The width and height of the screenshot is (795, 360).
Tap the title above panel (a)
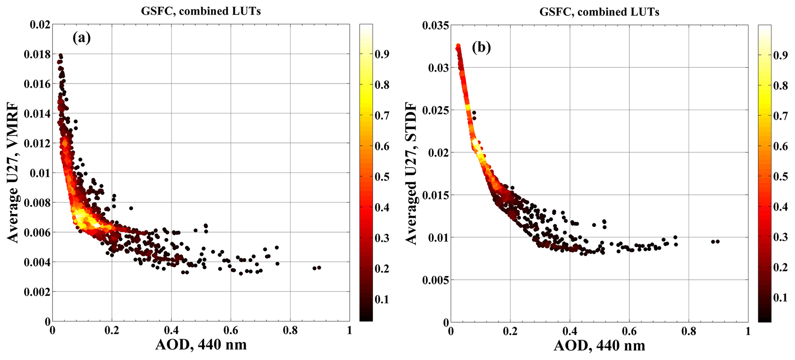click(x=201, y=11)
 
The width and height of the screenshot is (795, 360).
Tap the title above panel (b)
click(x=599, y=12)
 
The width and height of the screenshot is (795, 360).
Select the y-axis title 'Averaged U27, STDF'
click(x=412, y=173)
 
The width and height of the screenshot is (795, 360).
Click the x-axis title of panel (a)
click(x=201, y=345)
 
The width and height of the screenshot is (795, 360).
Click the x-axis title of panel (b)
click(x=599, y=345)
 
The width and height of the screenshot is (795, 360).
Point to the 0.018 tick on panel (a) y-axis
click(x=37, y=54)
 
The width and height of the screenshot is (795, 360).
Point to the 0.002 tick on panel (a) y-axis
click(x=37, y=292)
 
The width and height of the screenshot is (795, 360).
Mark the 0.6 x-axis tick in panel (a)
click(x=231, y=331)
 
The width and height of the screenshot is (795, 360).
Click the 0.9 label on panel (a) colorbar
click(x=382, y=54)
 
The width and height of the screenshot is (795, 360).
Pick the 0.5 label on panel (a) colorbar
click(x=382, y=177)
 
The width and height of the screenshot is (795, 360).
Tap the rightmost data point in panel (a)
click(x=319, y=268)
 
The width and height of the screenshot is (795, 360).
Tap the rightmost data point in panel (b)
click(x=717, y=242)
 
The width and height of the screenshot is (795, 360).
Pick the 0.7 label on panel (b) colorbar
click(x=780, y=116)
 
